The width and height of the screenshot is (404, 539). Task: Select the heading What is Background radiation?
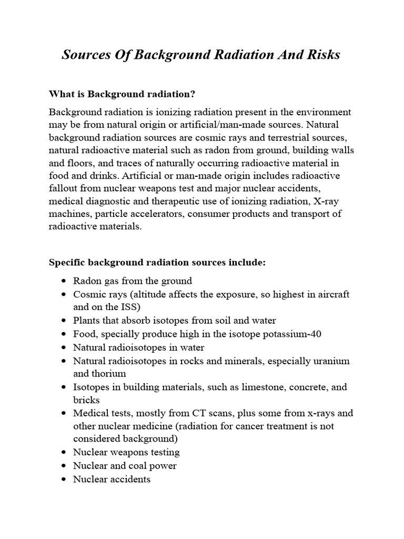click(x=122, y=94)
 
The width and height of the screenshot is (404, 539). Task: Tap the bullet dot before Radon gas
click(x=64, y=281)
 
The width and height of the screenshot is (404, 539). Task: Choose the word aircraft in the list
click(x=330, y=294)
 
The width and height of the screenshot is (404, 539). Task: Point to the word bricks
click(x=86, y=400)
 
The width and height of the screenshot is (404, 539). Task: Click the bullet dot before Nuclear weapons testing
click(x=64, y=453)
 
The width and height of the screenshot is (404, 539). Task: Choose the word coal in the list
click(x=139, y=465)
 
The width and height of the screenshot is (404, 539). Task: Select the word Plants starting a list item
click(x=87, y=320)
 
